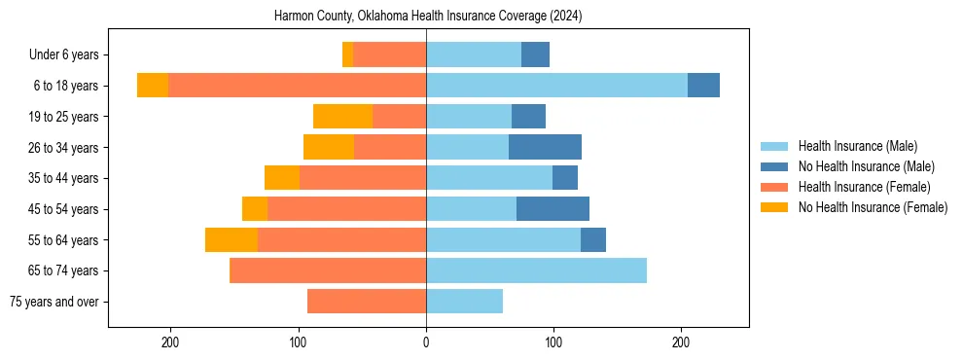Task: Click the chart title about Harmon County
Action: [x=428, y=17]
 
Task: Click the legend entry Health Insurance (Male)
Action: [x=857, y=146]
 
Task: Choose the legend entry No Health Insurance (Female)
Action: [x=873, y=207]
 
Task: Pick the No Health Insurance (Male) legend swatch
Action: [x=774, y=166]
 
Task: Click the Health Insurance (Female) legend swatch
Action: [x=774, y=187]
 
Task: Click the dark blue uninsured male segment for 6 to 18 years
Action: [x=703, y=86]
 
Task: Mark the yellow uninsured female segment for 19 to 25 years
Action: [x=342, y=117]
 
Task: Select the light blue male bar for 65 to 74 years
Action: [x=536, y=270]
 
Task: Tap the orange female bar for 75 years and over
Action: [x=367, y=302]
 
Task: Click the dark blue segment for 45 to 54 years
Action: [x=553, y=209]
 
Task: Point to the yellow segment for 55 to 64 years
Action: [x=232, y=239]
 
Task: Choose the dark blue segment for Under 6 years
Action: [x=535, y=54]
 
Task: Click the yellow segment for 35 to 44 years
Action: [x=282, y=178]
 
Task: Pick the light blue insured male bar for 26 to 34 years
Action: [x=467, y=147]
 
